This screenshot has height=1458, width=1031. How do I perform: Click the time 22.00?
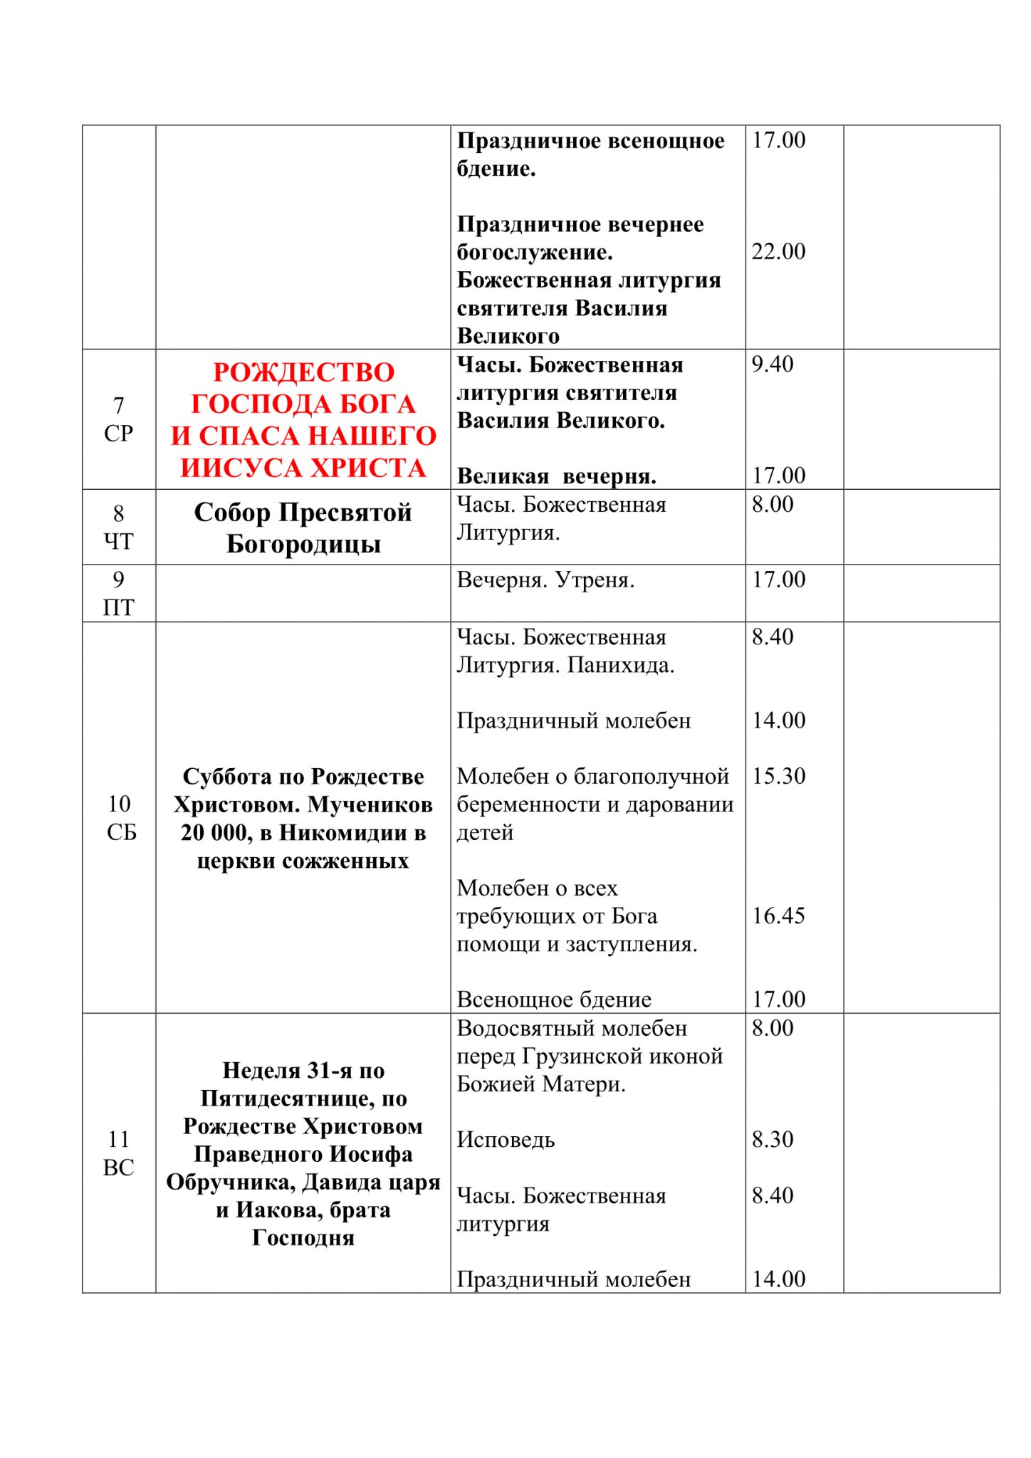778,251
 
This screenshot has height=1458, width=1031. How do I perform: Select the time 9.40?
772,364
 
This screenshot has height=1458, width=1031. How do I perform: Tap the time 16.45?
778,916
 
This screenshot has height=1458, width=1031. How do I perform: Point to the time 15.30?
778,775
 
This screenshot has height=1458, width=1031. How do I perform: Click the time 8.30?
772,1139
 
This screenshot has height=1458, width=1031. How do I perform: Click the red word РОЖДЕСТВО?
303,372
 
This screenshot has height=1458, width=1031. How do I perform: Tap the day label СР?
118,434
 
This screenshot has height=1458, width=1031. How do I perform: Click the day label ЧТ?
118,542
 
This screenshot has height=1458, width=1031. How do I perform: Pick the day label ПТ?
118,607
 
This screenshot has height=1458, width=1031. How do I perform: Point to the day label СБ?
121,832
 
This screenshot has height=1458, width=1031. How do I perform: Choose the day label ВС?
118,1168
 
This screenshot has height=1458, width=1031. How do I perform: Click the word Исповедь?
506,1140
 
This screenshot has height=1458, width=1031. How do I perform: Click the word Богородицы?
303,545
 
